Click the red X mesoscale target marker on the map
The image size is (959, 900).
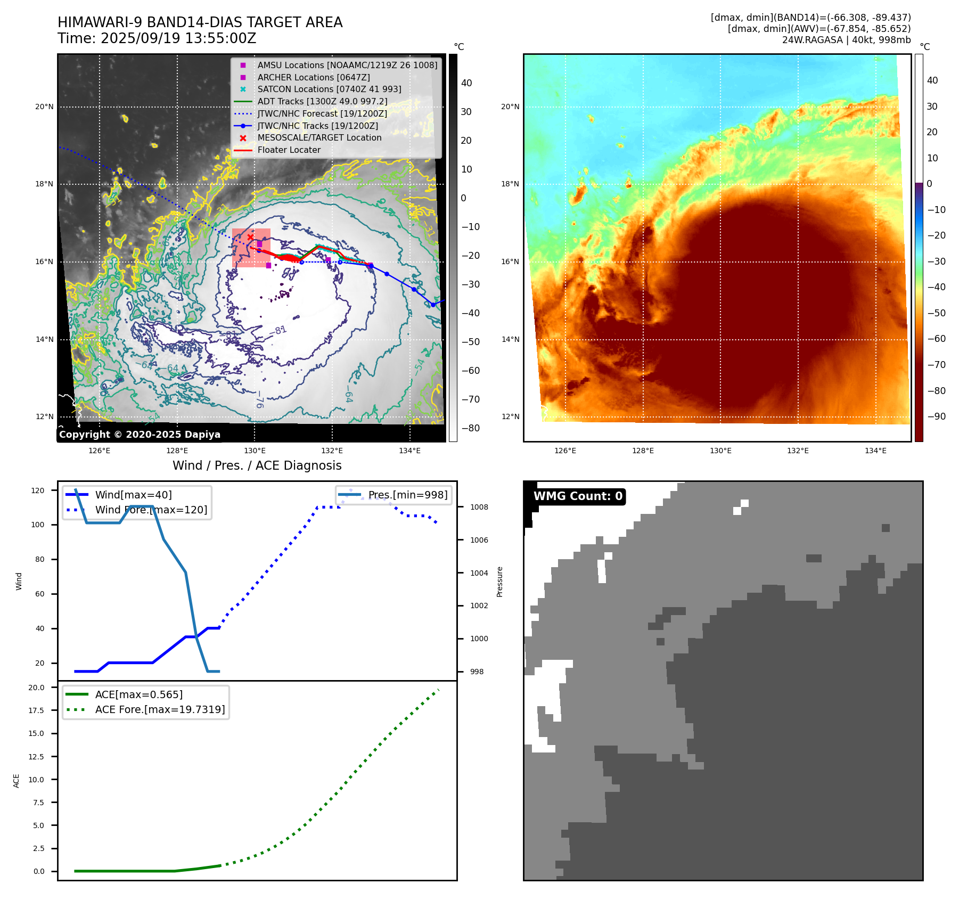point(250,237)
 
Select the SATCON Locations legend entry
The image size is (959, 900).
point(329,89)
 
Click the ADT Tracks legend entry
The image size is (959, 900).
point(322,101)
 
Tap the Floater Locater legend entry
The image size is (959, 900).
point(289,150)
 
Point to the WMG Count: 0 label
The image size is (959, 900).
point(578,496)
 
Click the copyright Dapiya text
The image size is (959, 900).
point(140,435)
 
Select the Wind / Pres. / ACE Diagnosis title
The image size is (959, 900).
point(257,465)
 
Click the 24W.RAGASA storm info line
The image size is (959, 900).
point(846,40)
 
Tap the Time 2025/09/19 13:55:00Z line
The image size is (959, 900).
point(157,38)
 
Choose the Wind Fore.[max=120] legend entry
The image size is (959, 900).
point(151,510)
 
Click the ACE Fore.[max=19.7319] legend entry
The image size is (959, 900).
point(160,709)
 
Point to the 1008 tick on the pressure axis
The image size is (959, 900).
point(479,507)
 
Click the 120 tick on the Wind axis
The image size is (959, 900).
point(38,490)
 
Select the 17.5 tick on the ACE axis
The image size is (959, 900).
point(36,710)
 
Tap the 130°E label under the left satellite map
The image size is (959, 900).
point(255,451)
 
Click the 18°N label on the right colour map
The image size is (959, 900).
point(510,184)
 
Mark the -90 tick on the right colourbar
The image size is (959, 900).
point(936,416)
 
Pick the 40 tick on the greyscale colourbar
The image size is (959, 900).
point(466,83)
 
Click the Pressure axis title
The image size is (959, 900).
point(499,582)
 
